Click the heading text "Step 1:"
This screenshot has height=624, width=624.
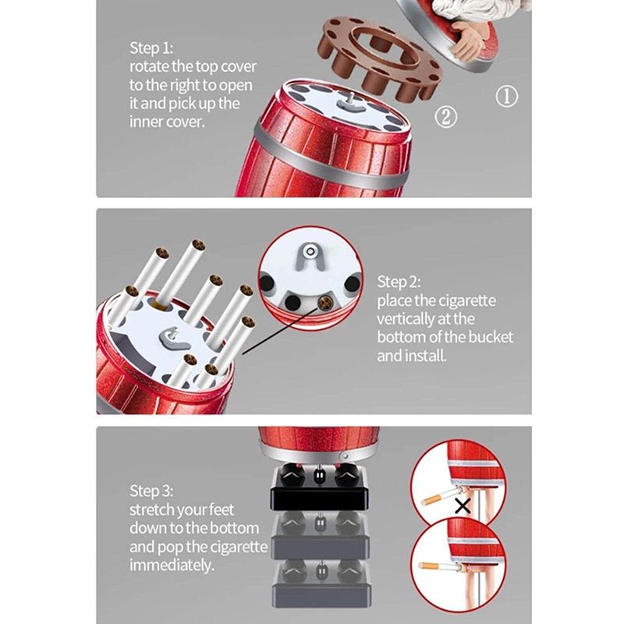151,48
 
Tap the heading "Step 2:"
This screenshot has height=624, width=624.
399,282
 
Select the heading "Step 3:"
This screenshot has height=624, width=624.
151,491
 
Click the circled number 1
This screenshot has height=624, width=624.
506,96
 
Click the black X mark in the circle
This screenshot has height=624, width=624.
463,506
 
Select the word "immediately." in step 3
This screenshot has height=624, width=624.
172,565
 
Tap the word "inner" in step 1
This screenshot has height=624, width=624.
146,122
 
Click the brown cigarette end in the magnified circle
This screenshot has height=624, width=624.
324,303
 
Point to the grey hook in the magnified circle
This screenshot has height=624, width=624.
310,256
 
